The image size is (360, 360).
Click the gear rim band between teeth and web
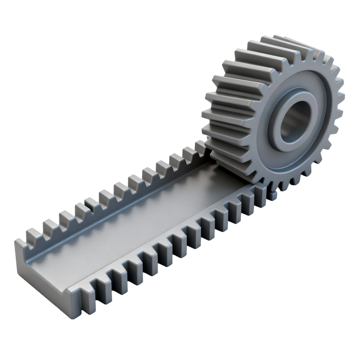pyautogui.click(x=326, y=148)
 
